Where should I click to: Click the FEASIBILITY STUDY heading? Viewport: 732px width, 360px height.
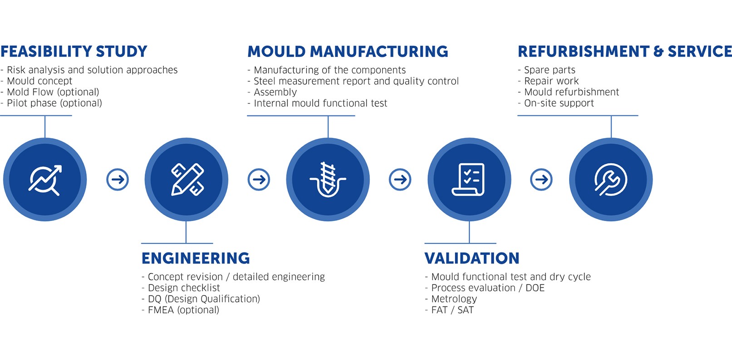click(x=74, y=52)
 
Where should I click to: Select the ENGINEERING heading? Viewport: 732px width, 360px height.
click(x=196, y=258)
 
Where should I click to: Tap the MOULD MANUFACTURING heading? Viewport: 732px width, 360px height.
click(x=348, y=52)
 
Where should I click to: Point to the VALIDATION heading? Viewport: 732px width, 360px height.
click(x=472, y=258)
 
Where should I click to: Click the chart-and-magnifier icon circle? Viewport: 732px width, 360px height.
click(x=45, y=179)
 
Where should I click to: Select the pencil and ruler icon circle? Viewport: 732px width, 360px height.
click(x=186, y=179)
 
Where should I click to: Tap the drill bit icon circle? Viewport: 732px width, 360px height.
click(x=328, y=179)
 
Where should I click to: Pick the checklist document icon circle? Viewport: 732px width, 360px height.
click(x=469, y=179)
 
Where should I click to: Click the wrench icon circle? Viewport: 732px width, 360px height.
click(x=611, y=179)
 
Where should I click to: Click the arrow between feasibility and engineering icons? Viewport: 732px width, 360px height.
click(x=118, y=179)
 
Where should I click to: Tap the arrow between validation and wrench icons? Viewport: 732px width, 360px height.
click(x=541, y=179)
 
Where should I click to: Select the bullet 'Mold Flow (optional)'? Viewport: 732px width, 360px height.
click(x=49, y=92)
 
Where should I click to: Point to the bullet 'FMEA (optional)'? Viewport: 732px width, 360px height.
click(x=180, y=310)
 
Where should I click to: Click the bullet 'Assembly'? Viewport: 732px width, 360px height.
click(x=272, y=92)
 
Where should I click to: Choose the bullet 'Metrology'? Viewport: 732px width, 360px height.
click(x=451, y=299)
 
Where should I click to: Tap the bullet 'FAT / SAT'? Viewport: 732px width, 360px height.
click(x=449, y=310)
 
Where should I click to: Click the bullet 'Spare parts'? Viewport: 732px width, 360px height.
click(x=547, y=70)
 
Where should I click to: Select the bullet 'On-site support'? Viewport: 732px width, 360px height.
click(x=556, y=104)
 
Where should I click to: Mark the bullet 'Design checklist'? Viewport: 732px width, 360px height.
click(x=181, y=288)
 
